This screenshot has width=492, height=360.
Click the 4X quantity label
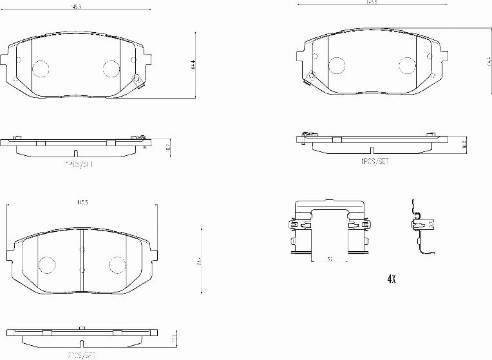tap(390, 279)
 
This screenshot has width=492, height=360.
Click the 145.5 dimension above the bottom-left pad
tap(82, 202)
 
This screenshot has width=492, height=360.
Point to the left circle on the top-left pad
tap(41, 68)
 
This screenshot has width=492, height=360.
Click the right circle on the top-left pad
tap(111, 68)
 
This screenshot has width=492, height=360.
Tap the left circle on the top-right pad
tap(337, 65)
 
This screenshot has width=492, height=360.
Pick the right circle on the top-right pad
tap(406, 65)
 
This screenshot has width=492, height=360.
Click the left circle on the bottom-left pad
tap(47, 264)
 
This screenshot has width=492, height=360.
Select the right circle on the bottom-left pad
tap(117, 264)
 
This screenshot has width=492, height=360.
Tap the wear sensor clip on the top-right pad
tap(310, 78)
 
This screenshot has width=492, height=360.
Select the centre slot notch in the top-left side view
tap(76, 154)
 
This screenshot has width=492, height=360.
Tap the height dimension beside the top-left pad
tap(193, 65)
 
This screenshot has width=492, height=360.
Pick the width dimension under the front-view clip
tap(329, 260)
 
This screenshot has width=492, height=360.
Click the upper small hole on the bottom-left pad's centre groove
tap(82, 250)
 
